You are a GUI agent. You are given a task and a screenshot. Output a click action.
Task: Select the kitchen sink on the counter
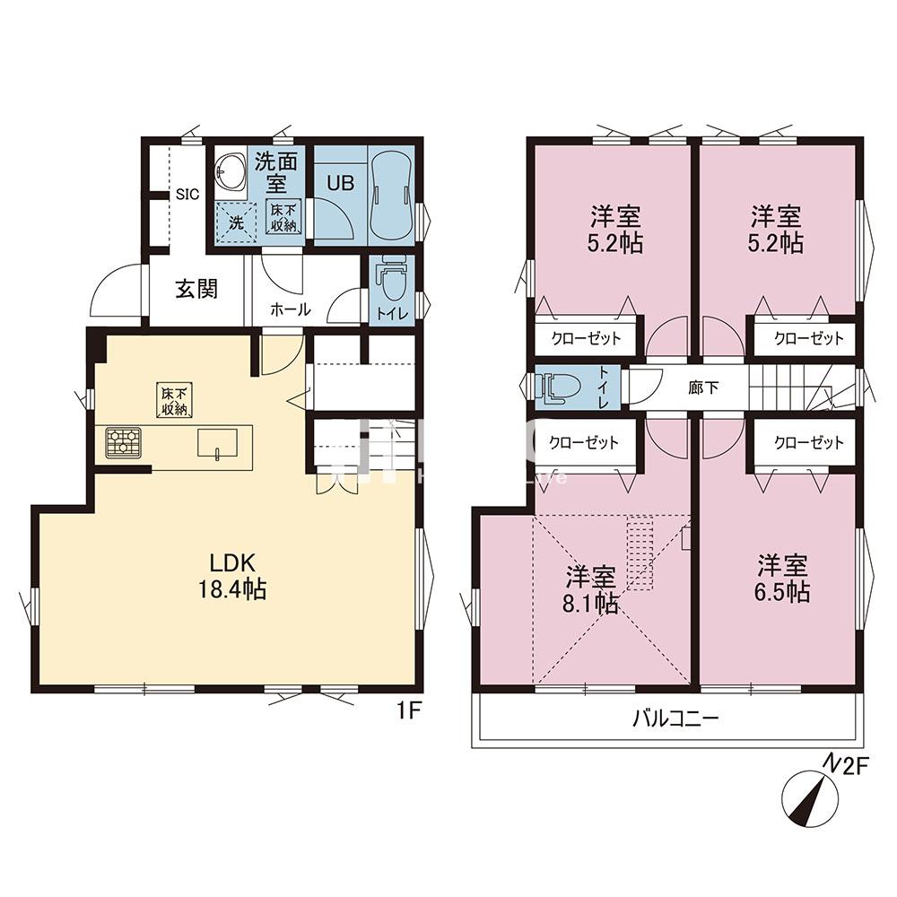click(x=218, y=443)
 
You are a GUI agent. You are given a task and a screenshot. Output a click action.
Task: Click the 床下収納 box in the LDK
click(x=175, y=399)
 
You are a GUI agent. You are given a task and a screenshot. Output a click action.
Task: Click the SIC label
click(x=187, y=194)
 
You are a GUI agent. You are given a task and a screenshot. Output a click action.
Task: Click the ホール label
click(x=290, y=309)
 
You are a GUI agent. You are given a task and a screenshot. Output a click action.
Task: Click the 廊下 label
click(x=702, y=387)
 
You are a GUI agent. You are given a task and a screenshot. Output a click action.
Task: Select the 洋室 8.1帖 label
click(x=590, y=588)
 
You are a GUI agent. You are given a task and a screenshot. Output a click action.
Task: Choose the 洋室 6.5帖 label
click(x=783, y=579)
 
